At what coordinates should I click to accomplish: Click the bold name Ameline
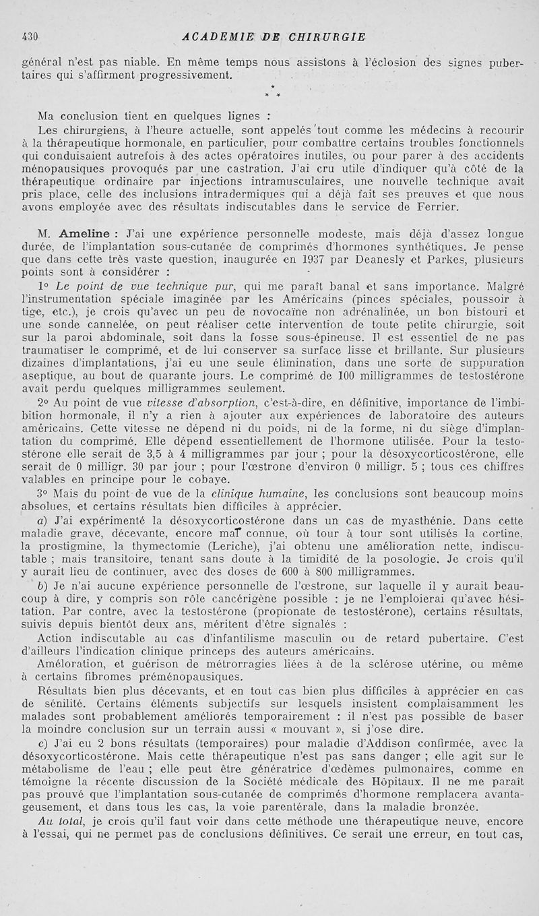click(86, 235)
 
